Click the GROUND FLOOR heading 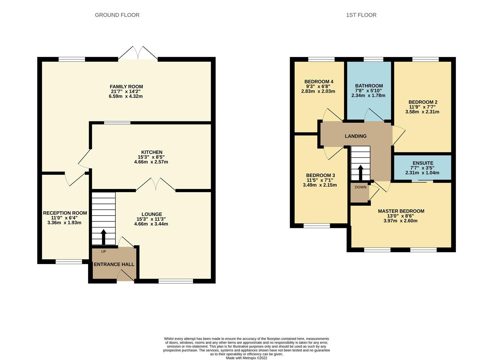pos(117,15)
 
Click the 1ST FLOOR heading pos(361,15)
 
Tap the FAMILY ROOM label pos(126,87)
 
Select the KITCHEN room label pos(152,152)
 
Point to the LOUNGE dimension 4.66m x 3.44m pos(151,224)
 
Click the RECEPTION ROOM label pos(65,213)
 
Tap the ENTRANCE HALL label pos(114,264)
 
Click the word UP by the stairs pos(103,252)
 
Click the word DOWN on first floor pos(361,187)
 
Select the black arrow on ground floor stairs pos(103,237)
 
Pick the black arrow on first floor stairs pos(361,173)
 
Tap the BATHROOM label pos(369,86)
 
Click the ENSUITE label pos(423,163)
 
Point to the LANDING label pos(356,136)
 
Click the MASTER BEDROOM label pos(401,211)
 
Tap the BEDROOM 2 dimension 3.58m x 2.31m pos(422,112)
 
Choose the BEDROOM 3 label pos(320,175)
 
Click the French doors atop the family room pos(138,53)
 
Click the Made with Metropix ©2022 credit pos(247,358)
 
